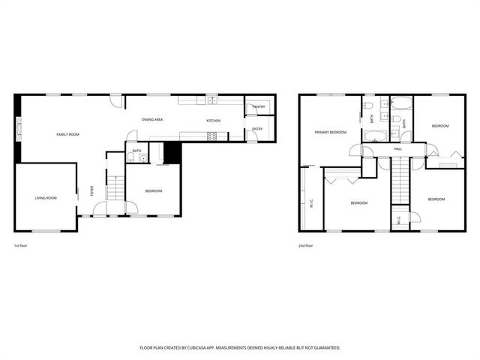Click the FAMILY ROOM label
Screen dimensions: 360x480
pos(67,134)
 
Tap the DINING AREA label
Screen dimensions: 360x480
pos(153,120)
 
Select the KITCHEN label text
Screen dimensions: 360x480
pos(214,121)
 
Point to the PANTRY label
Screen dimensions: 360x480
pos(259,106)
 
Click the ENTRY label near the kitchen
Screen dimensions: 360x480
pos(257,129)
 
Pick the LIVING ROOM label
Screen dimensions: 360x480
pos(46,198)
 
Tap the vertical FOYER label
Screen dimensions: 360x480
pos(92,190)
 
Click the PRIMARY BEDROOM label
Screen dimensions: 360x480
pos(331,132)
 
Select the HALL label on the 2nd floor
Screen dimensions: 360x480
pos(398,149)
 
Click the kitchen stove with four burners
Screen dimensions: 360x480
pos(212,136)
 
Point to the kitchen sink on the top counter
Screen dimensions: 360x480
pos(212,99)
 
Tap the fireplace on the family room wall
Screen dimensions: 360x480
pos(19,129)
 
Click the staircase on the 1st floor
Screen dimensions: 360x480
pos(115,187)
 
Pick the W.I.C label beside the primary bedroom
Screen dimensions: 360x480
pos(310,202)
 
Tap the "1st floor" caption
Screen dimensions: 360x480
pos(21,246)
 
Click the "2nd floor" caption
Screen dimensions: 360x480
pos(305,246)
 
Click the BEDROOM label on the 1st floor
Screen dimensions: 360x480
pos(153,191)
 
